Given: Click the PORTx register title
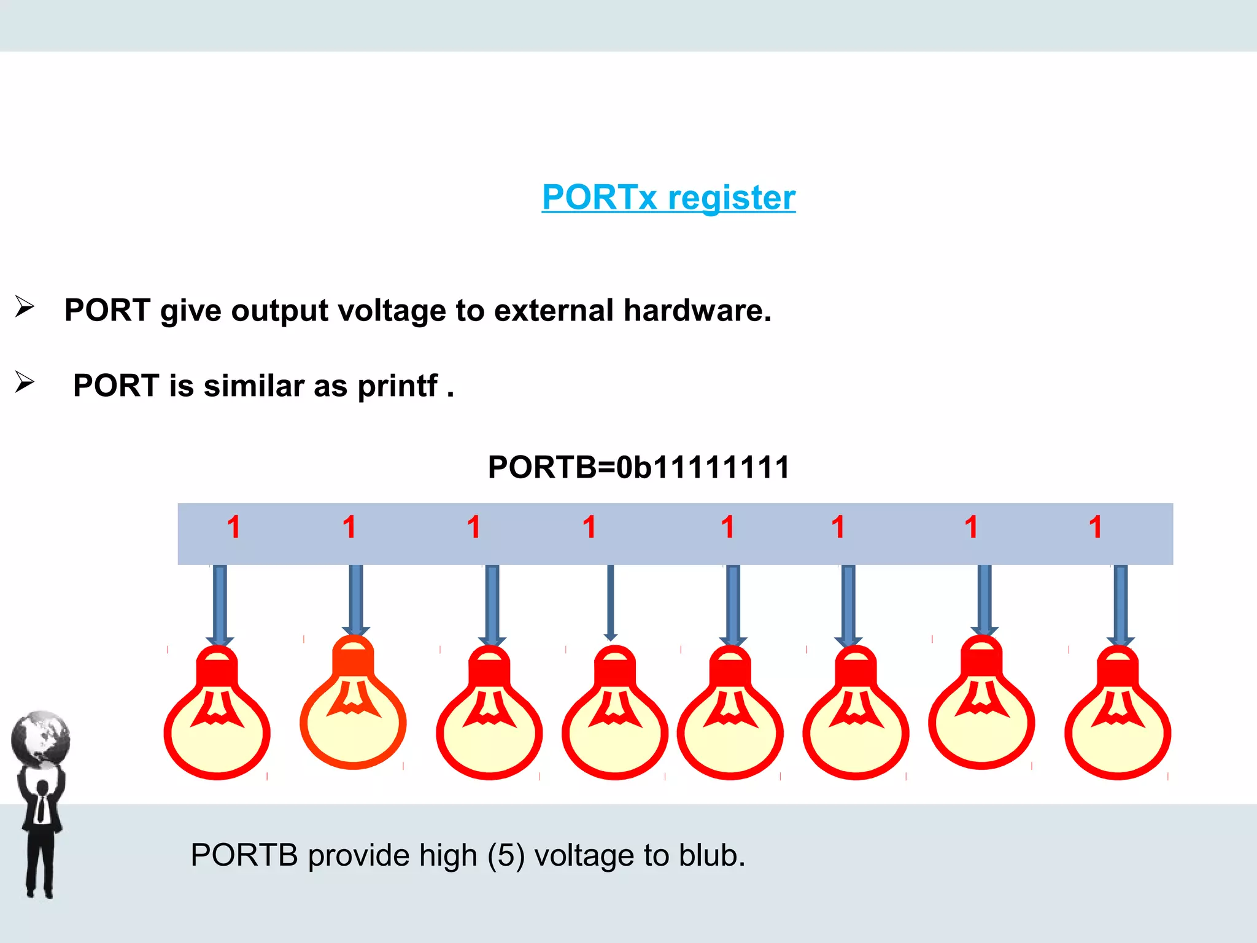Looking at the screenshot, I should point(668,198).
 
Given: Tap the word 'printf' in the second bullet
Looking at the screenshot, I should point(398,386).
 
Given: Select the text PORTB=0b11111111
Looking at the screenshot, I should point(638,467).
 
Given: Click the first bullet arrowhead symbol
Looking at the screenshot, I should point(25,306).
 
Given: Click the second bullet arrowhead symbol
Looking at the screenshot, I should point(25,382).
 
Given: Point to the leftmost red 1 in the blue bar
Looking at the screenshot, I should point(234,527).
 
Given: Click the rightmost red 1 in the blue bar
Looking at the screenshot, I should point(1096,527).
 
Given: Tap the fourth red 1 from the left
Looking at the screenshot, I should point(590,527).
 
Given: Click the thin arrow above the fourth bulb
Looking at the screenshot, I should point(610,602).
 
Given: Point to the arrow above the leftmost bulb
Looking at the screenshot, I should point(220,605).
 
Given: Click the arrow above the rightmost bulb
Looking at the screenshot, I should point(1120,605).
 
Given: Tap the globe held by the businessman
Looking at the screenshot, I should point(41,739).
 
